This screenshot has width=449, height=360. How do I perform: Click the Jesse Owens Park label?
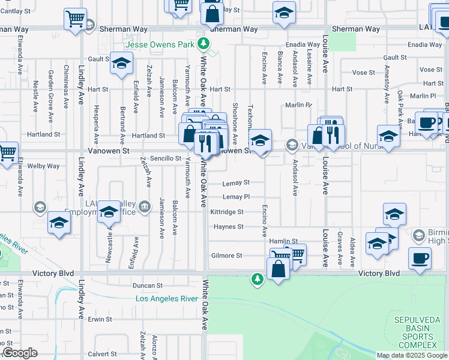tap(160, 44)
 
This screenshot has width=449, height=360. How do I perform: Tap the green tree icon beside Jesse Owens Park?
tap(204, 43)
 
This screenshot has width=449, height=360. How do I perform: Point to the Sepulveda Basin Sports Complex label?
tap(415, 332)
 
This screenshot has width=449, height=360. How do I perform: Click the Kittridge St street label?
tap(227, 212)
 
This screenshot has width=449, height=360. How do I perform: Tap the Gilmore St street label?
tap(226, 256)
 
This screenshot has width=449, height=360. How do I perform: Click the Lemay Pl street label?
tap(235, 197)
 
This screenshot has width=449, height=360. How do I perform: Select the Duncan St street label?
tap(148, 286)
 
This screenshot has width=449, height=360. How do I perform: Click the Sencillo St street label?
tap(166, 158)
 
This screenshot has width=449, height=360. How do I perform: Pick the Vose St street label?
tap(363, 73)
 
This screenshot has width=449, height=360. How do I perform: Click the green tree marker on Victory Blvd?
tap(258, 279)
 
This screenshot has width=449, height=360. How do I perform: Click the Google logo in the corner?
tap(20, 353)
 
